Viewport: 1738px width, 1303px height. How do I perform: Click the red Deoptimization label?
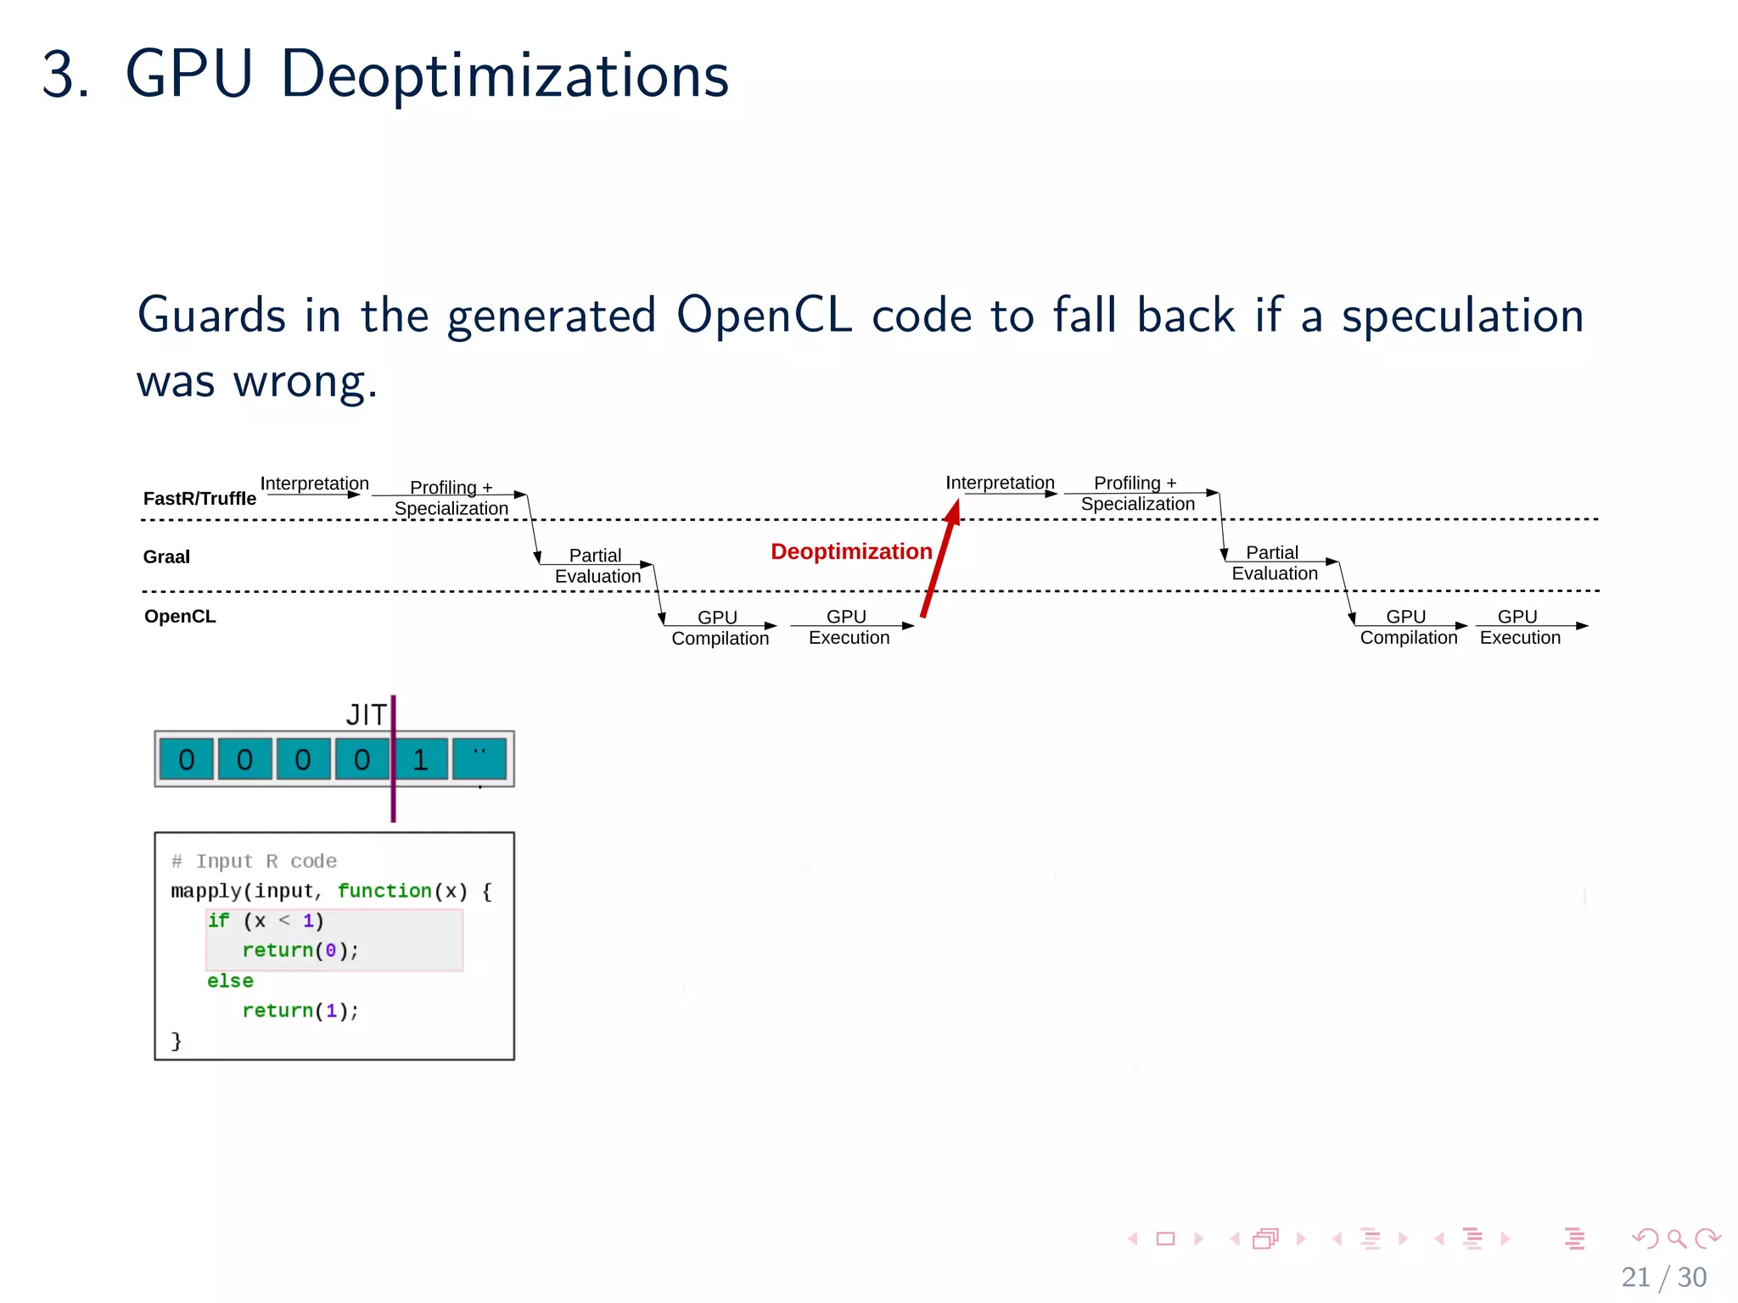(x=850, y=552)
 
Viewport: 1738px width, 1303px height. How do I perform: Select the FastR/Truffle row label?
(x=199, y=499)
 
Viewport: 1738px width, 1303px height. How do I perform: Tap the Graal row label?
(x=166, y=557)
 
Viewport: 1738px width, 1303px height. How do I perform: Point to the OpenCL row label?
(x=180, y=617)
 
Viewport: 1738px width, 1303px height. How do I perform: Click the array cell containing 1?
(x=420, y=759)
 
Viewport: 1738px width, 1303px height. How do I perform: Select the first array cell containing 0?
(x=187, y=759)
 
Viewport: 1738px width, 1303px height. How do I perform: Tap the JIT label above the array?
(x=366, y=715)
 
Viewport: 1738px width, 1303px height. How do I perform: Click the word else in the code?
(x=230, y=981)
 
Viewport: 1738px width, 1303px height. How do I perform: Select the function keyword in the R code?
(x=384, y=891)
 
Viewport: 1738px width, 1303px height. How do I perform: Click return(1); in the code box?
(x=300, y=1010)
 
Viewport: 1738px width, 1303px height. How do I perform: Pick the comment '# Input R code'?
(x=254, y=861)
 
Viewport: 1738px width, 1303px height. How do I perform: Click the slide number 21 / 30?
(x=1663, y=1277)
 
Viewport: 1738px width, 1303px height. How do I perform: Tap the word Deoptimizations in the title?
(x=504, y=75)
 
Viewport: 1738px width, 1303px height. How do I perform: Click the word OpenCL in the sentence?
(x=763, y=316)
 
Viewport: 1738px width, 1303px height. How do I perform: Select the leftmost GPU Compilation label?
(x=720, y=629)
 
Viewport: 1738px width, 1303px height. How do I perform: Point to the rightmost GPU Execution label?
(x=1519, y=628)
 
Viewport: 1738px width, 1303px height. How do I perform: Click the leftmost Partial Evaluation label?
(x=597, y=566)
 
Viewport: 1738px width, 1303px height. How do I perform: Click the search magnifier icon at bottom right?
(x=1676, y=1239)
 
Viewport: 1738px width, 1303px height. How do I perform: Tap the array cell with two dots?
(x=479, y=759)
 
